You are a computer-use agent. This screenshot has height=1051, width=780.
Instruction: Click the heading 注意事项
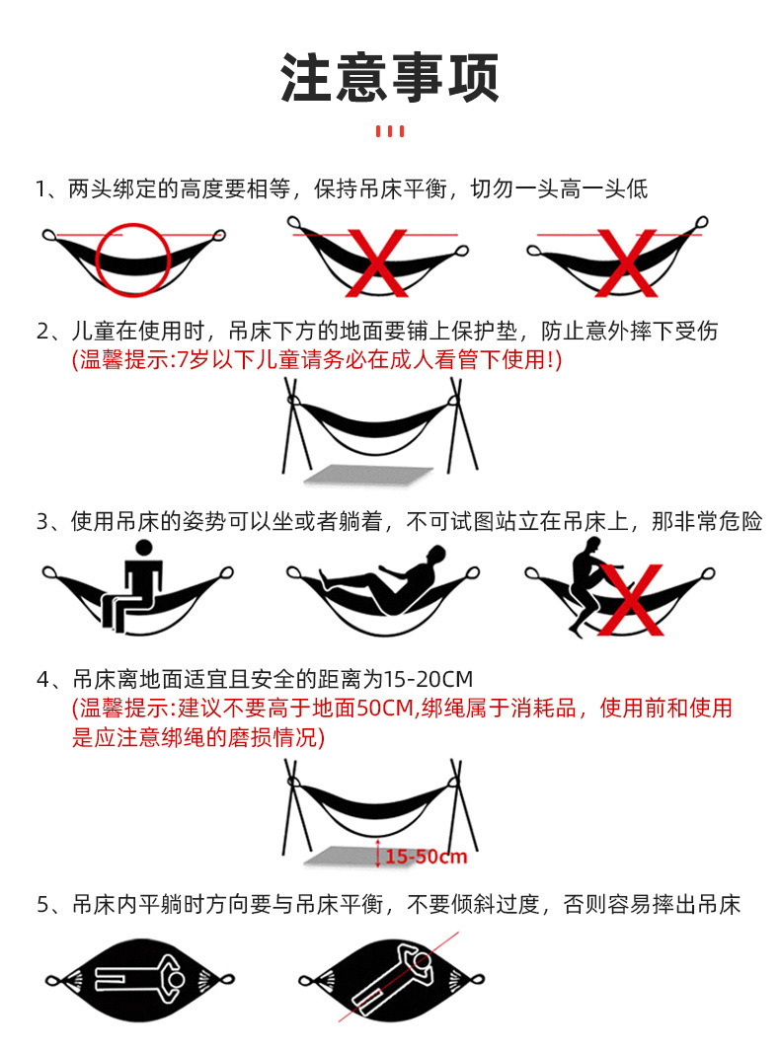click(x=390, y=77)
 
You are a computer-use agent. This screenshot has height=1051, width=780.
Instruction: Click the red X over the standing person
click(x=632, y=601)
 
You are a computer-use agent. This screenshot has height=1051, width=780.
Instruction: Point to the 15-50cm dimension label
click(x=426, y=856)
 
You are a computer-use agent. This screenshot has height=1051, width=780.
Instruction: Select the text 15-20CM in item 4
click(x=431, y=680)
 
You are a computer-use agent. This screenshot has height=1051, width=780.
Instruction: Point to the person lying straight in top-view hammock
click(x=138, y=980)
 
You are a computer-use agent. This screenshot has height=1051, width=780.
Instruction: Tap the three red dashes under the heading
click(x=390, y=131)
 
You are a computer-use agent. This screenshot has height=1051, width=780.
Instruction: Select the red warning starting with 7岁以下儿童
click(x=316, y=360)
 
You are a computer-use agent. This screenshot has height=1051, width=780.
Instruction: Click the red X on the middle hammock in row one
click(x=375, y=261)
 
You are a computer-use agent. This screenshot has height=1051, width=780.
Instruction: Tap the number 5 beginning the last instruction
click(x=42, y=905)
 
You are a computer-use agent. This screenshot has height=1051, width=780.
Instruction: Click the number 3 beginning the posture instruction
click(x=42, y=522)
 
